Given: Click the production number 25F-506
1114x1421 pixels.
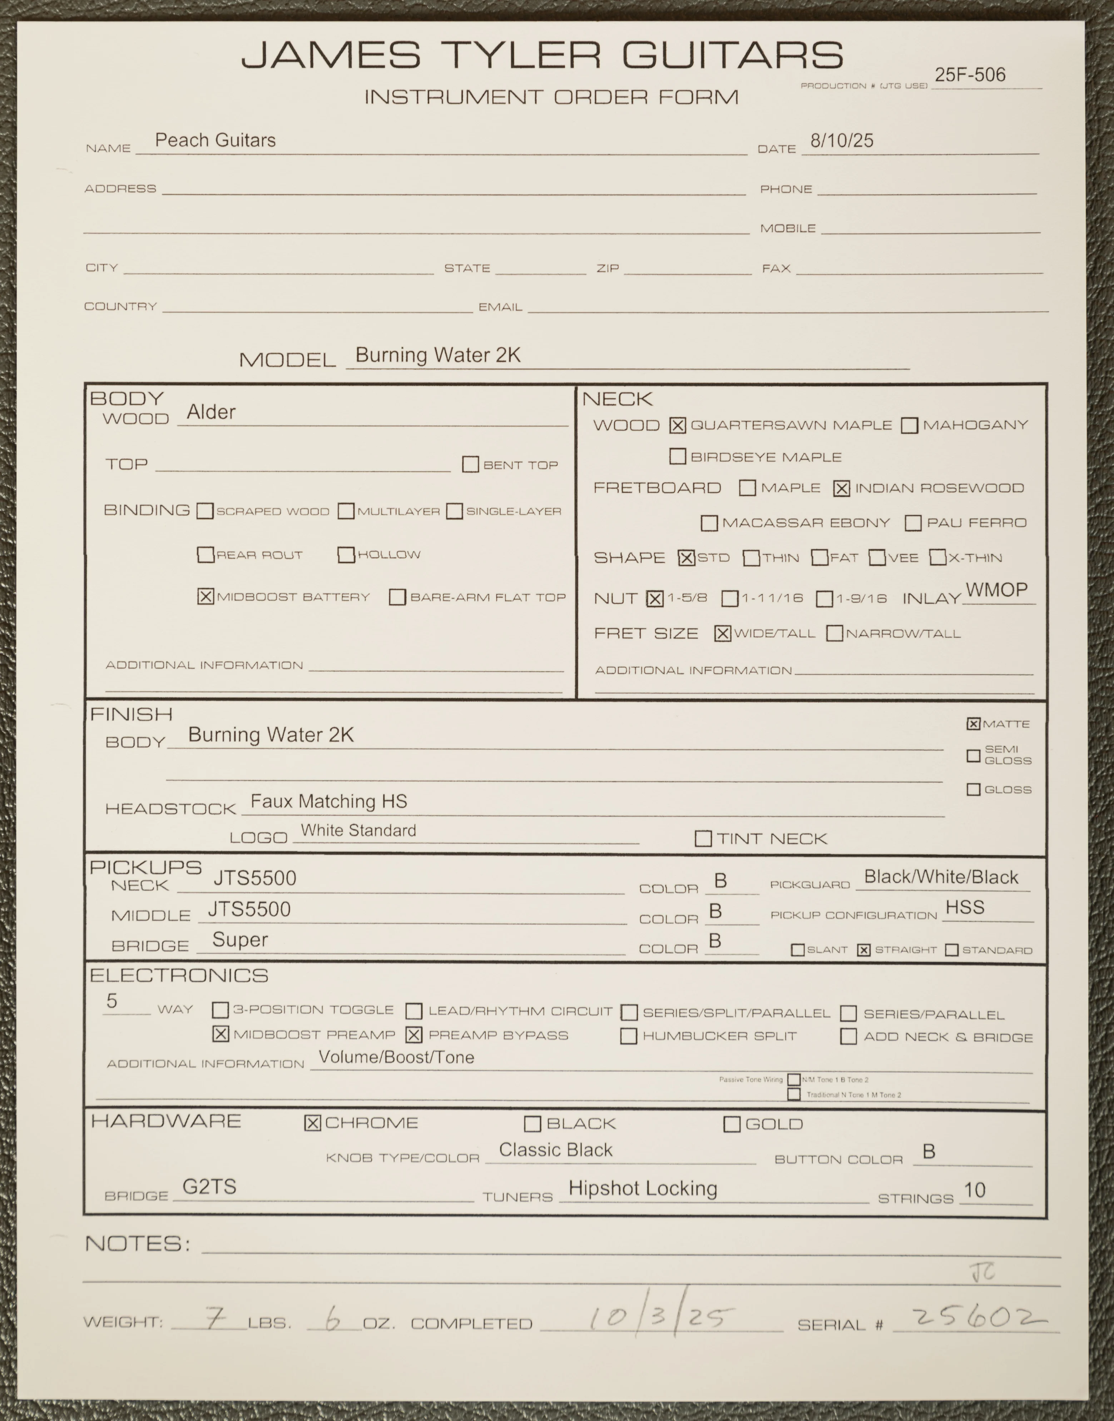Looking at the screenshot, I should pyautogui.click(x=970, y=75).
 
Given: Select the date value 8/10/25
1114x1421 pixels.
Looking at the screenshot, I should pyautogui.click(x=841, y=140).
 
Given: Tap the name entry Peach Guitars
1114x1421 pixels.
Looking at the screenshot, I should pyautogui.click(x=215, y=140).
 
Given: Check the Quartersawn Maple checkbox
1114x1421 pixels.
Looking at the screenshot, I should pyautogui.click(x=678, y=426).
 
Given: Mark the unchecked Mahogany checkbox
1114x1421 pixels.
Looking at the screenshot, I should pyautogui.click(x=909, y=426).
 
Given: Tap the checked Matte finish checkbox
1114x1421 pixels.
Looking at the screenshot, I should pyautogui.click(x=973, y=723).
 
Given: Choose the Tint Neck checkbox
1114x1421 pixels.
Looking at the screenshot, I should pyautogui.click(x=703, y=839).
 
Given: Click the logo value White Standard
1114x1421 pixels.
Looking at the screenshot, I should pyautogui.click(x=358, y=831).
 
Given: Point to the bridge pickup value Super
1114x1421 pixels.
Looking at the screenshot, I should pyautogui.click(x=240, y=939).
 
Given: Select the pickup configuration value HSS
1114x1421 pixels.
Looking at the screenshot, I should pyautogui.click(x=965, y=908).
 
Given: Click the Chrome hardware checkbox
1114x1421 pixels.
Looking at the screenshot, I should pyautogui.click(x=313, y=1123).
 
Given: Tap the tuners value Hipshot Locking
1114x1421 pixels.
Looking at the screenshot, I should pyautogui.click(x=643, y=1189).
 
